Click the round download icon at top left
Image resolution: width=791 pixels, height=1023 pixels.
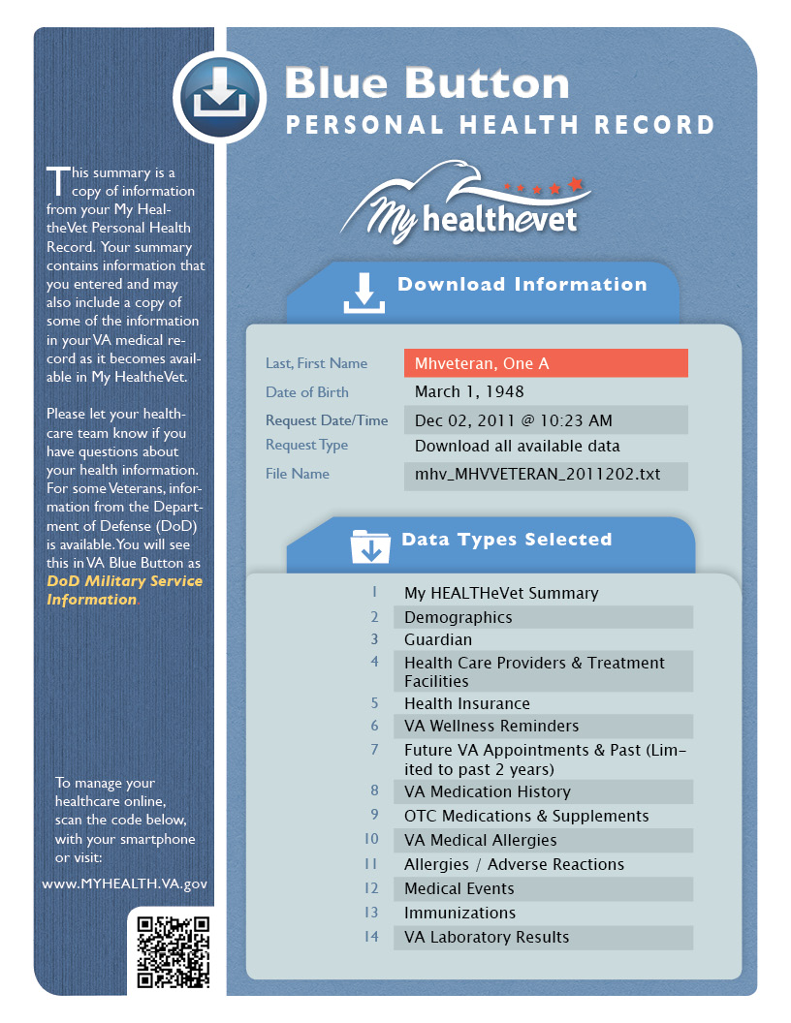[219, 96]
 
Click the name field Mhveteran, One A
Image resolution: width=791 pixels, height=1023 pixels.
[545, 363]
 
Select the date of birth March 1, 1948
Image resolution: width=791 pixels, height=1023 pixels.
[469, 391]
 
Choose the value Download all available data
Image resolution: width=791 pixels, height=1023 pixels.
[517, 447]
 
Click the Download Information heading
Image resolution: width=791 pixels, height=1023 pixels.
[522, 285]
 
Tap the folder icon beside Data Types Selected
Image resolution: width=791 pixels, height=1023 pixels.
[369, 546]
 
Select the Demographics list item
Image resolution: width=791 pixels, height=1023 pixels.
[459, 617]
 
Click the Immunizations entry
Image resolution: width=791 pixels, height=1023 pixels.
[459, 913]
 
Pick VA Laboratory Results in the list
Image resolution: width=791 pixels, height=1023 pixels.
[487, 937]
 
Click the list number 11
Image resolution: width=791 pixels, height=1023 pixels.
[371, 864]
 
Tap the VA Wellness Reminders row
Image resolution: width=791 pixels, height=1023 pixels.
[491, 726]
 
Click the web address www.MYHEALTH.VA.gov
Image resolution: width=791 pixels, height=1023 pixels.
[124, 883]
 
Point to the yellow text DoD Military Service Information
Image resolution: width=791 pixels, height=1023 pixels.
[124, 590]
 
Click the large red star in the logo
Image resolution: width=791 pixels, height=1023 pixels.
[576, 182]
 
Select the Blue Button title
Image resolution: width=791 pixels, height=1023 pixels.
[427, 83]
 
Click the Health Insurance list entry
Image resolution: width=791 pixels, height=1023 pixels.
[466, 703]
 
